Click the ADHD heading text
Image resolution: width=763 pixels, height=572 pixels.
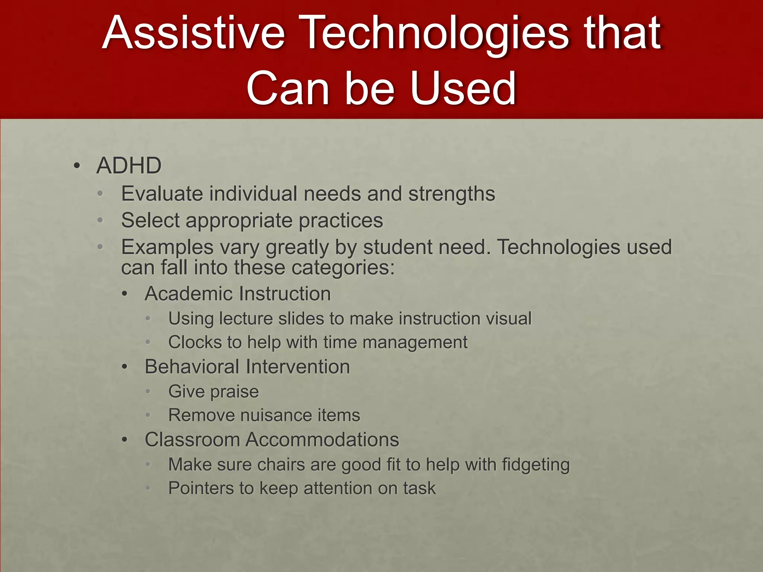[x=129, y=165]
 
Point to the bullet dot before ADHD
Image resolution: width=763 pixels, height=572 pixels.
[x=77, y=166]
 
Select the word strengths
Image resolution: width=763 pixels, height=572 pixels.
[x=451, y=194]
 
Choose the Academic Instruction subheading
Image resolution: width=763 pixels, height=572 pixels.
[x=238, y=293]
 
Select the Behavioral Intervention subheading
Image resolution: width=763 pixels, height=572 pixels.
[x=247, y=366]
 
